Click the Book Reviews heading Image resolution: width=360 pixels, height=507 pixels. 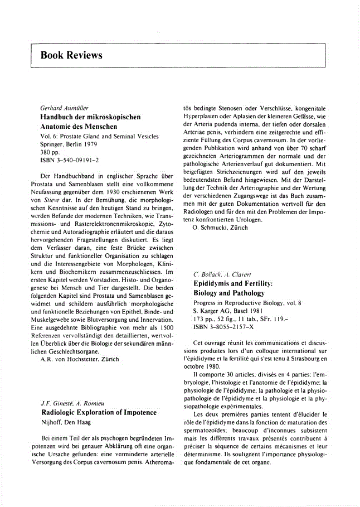tap(71, 55)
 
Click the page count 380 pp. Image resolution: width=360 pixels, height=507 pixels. tap(51, 152)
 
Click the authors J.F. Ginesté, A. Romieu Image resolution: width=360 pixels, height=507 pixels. tap(71, 402)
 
